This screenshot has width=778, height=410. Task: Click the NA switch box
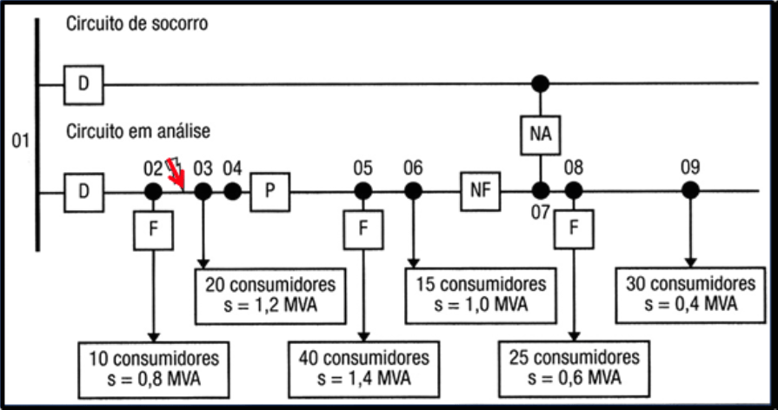pos(541,136)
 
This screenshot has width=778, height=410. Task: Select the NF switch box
pos(482,191)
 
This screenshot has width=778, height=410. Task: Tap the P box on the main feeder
pos(269,191)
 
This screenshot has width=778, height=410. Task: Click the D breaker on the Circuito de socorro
pos(83,84)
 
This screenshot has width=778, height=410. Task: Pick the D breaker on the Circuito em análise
pos(83,191)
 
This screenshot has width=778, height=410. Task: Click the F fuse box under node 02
pos(153,230)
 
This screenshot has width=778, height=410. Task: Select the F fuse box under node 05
pos(363,230)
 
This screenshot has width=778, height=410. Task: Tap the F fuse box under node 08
pos(574,230)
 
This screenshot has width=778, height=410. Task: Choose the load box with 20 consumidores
pos(269,295)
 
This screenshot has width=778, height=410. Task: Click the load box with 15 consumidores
pos(480,295)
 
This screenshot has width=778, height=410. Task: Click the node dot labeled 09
pos(690,190)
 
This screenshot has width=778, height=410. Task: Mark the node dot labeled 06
pos(414,191)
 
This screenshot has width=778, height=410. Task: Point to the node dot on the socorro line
pos(541,84)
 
